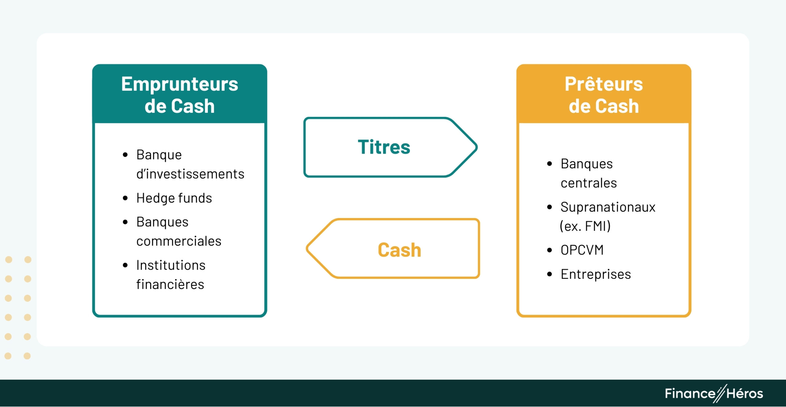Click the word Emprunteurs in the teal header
point(180,84)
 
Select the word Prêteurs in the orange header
point(604,84)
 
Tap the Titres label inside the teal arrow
point(384,147)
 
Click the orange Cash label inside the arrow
point(399,250)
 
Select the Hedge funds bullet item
point(174,198)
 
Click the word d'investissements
point(190,174)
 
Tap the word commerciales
point(179,241)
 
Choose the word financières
point(170,285)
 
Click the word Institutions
point(171,265)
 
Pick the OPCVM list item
point(582,250)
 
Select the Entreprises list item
point(596,274)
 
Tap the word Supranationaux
point(608,207)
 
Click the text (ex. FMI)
point(585,226)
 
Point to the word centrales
point(589,183)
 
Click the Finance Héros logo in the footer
point(714,394)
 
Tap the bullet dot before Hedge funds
point(125,198)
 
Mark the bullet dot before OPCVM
point(549,250)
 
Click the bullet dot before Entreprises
point(549,274)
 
